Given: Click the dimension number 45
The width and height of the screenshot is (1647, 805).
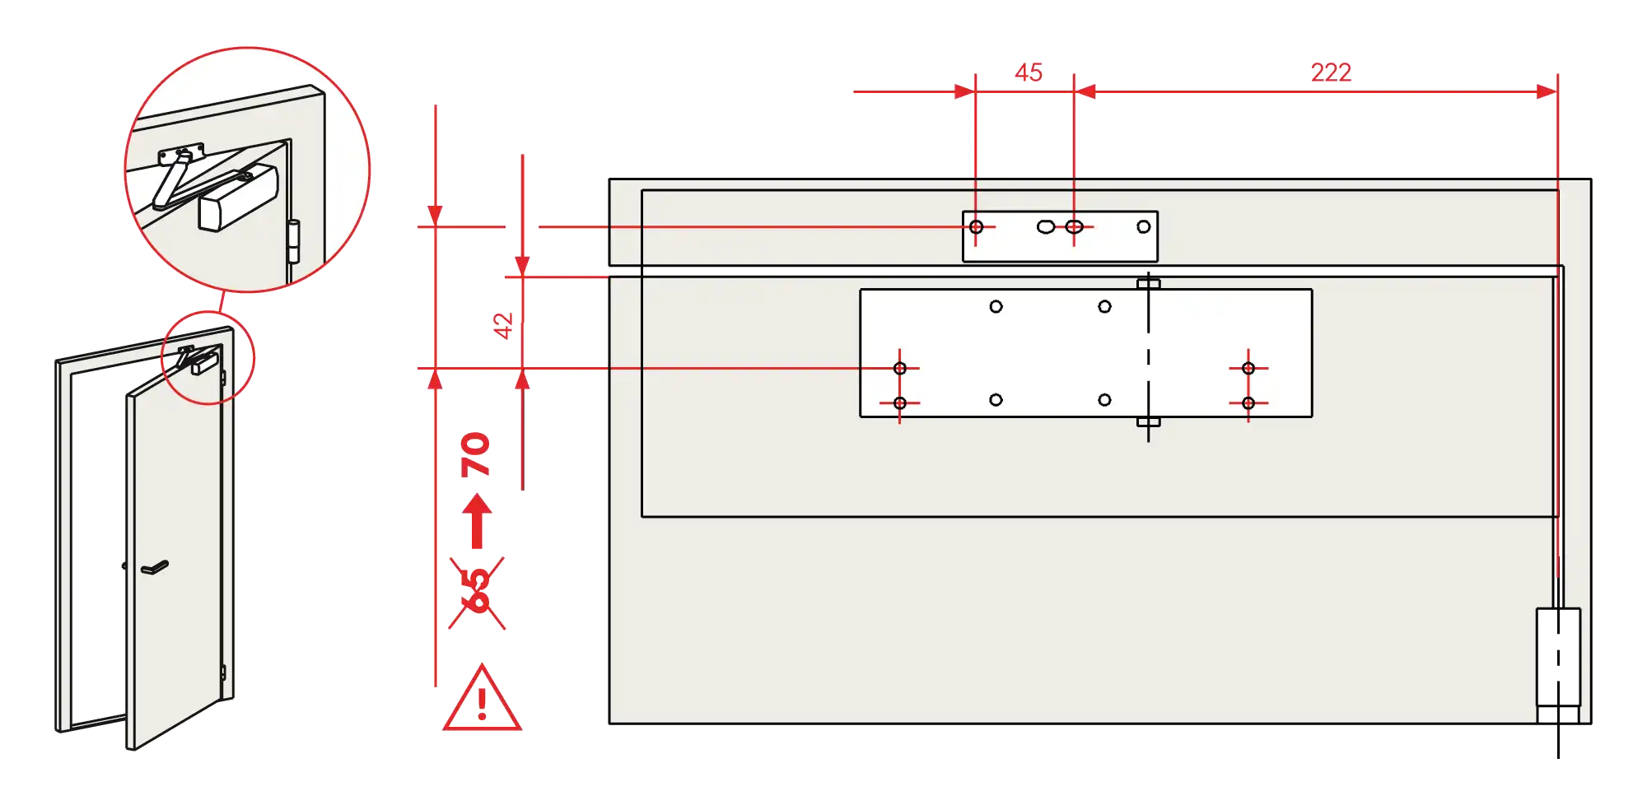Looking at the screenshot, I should pos(1028,72).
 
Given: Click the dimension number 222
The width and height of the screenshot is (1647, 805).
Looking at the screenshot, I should pos(1331,72).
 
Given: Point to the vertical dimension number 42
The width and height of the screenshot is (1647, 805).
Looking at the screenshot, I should pos(504,325).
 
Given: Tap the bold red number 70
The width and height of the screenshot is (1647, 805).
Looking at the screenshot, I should pos(476,454).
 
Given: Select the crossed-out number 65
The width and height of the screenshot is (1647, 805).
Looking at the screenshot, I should pos(478,591).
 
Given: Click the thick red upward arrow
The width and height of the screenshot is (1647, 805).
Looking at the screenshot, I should pos(477,522).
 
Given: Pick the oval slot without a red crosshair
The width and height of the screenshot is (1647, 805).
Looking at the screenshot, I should pos(1045,226).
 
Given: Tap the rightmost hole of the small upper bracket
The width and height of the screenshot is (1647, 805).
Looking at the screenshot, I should pos(1143,226).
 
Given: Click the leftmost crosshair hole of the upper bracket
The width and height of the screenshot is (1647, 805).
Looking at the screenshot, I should pos(976,226).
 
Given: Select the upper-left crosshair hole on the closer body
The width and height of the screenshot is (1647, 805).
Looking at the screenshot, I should pos(900,368).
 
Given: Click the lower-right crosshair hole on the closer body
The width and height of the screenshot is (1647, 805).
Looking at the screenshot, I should pos(1248,402).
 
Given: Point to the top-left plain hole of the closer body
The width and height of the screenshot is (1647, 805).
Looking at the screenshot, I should pos(996,307).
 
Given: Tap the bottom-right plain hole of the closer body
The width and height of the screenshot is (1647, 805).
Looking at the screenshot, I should pos(1104,400).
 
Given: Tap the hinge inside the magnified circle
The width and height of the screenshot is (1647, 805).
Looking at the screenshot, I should pos(294,241).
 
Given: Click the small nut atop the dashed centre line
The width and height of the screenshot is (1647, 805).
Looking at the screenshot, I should pos(1148,284).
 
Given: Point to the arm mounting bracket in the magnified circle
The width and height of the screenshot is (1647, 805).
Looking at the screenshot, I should pos(182,153).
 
